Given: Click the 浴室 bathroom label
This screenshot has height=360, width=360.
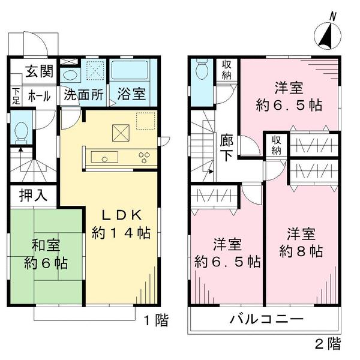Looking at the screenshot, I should click(130, 94).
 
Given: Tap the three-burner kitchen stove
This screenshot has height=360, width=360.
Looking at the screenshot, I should click(145, 158).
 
